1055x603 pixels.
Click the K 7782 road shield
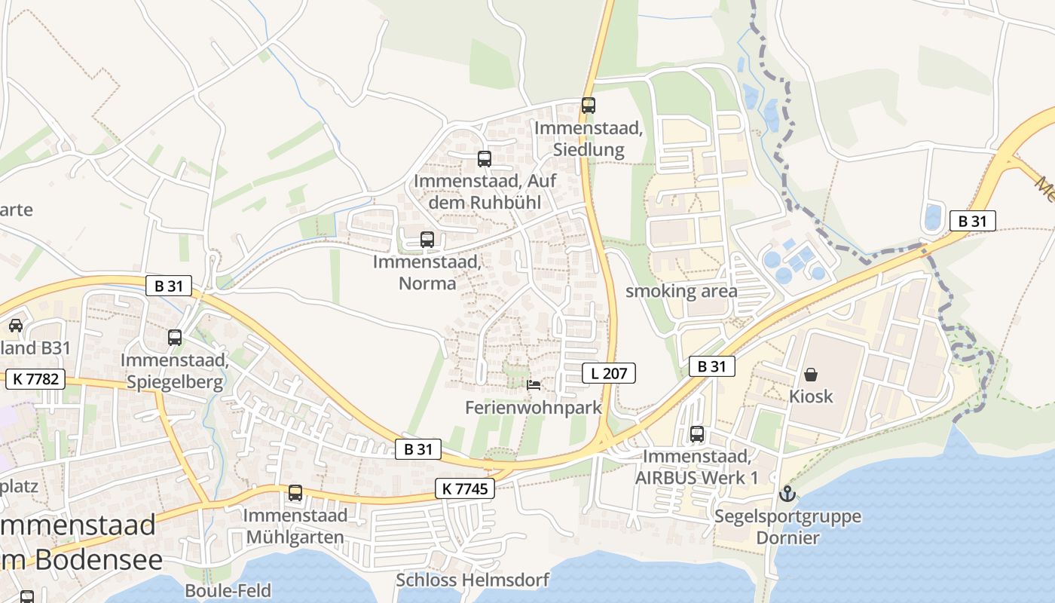35,379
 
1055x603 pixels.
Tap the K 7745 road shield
465,489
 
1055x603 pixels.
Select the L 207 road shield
609,372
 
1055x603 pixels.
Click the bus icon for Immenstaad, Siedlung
589,106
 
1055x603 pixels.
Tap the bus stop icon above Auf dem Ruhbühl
485,159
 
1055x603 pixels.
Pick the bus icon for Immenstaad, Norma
427,240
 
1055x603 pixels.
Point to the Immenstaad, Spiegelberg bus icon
175,337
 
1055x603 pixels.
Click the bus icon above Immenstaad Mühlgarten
295,493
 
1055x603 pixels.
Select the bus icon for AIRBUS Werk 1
697,434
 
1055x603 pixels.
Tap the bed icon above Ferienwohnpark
534,384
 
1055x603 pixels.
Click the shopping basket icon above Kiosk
811,374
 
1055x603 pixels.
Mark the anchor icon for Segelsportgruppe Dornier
787,494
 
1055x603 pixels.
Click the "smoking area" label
681,291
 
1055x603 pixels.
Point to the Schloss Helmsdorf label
472,580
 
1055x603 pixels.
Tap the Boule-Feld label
228,591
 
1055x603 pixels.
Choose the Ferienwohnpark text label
534,408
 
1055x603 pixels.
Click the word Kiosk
811,396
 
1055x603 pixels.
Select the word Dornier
787,538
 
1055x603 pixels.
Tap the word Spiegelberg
175,382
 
